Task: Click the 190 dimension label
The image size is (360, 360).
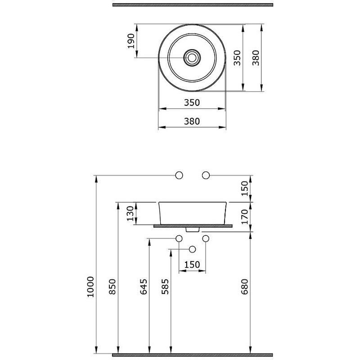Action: click(131, 41)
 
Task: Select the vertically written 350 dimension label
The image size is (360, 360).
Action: click(237, 58)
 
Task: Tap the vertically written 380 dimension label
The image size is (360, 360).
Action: click(256, 58)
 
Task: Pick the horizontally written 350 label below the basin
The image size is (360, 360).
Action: click(192, 103)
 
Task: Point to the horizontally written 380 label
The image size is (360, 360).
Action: click(192, 121)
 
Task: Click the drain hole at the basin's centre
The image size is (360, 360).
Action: click(192, 58)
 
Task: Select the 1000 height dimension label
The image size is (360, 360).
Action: click(90, 287)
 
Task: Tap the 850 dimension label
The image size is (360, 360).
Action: click(112, 287)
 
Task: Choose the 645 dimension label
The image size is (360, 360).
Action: click(144, 287)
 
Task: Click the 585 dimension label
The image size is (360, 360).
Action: click(165, 287)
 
